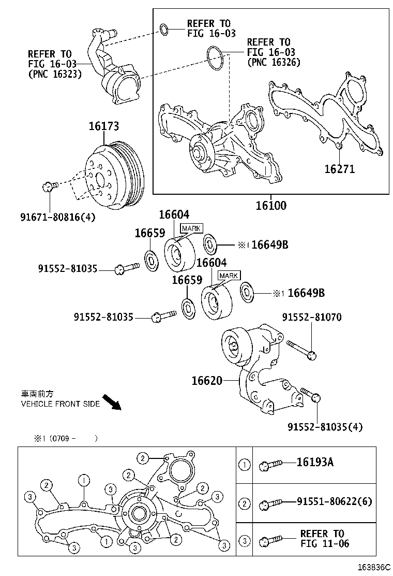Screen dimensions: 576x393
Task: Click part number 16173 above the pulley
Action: (x=103, y=126)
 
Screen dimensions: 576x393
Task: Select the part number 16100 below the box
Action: (x=270, y=205)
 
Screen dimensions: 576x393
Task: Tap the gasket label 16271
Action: (x=339, y=169)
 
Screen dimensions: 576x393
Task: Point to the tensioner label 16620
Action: (x=207, y=381)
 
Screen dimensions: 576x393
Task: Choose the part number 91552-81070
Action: (x=311, y=317)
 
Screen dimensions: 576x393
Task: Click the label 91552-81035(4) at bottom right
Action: (x=325, y=427)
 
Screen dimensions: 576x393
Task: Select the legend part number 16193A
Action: (x=314, y=463)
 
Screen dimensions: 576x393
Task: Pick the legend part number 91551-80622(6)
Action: (x=334, y=501)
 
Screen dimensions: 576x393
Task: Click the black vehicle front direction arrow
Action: (x=111, y=402)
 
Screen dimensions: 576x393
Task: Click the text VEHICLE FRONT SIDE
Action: (x=60, y=404)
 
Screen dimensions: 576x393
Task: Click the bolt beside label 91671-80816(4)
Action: (x=48, y=186)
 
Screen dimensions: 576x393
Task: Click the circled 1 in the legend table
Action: (x=244, y=465)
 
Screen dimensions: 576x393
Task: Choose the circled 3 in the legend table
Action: (x=244, y=541)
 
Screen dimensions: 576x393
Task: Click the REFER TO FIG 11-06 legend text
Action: (x=324, y=539)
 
